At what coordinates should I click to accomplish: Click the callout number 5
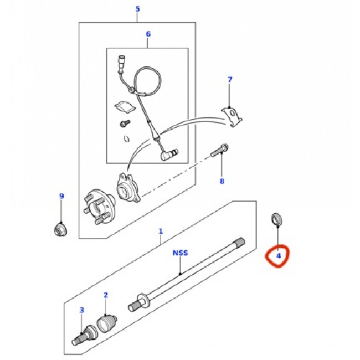pyautogui.click(x=137, y=9)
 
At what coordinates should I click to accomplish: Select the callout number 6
pyautogui.click(x=148, y=34)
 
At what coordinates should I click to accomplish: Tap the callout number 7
pyautogui.click(x=230, y=80)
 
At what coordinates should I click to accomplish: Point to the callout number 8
pyautogui.click(x=222, y=181)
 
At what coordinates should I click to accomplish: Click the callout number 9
pyautogui.click(x=61, y=196)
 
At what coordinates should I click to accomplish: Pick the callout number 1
pyautogui.click(x=161, y=231)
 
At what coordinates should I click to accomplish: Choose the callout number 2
pyautogui.click(x=106, y=295)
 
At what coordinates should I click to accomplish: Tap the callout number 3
pyautogui.click(x=82, y=310)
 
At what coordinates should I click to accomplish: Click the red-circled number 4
pyautogui.click(x=279, y=255)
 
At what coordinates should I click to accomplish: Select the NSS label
pyautogui.click(x=180, y=253)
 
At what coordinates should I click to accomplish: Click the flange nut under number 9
pyautogui.click(x=60, y=230)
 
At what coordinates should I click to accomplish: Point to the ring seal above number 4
pyautogui.click(x=277, y=219)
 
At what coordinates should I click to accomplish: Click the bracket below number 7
pyautogui.click(x=232, y=117)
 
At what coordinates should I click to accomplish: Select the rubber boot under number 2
pyautogui.click(x=107, y=323)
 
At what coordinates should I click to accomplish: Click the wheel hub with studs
pyautogui.click(x=99, y=207)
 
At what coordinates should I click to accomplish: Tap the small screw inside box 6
pyautogui.click(x=125, y=124)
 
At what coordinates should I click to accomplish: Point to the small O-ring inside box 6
pyautogui.click(x=126, y=139)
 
